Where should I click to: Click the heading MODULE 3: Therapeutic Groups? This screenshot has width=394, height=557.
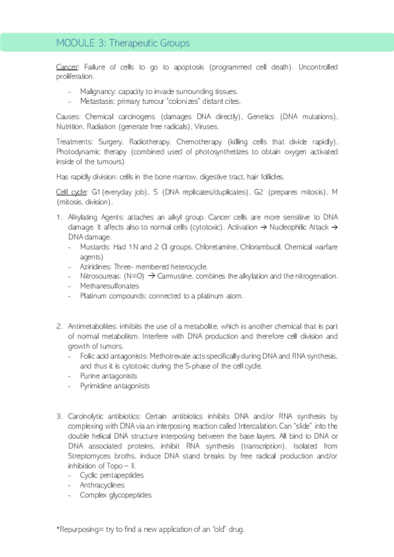(123, 43)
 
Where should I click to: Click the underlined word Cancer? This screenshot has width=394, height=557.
(66, 67)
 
